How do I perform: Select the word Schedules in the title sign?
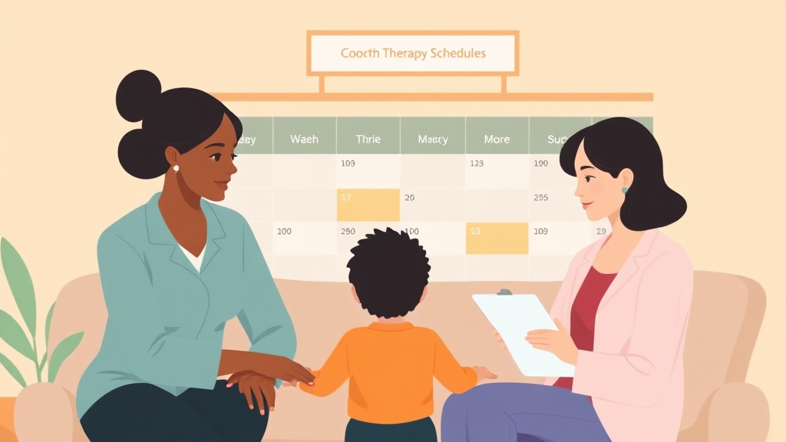coord(457,54)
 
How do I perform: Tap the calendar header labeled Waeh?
coord(304,140)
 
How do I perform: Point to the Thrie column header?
coord(368,140)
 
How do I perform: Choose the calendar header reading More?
coord(497,140)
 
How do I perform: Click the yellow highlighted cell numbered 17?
coord(368,205)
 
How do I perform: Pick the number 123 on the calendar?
coord(477,163)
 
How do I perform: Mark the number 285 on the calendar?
coord(540,197)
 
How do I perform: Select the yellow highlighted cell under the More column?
coord(497,239)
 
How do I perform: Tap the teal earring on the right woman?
coord(624,190)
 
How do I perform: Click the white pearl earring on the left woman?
coord(176,168)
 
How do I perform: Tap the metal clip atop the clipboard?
coord(504,292)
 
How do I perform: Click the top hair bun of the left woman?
coord(138,93)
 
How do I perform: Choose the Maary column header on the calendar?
coord(432,140)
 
